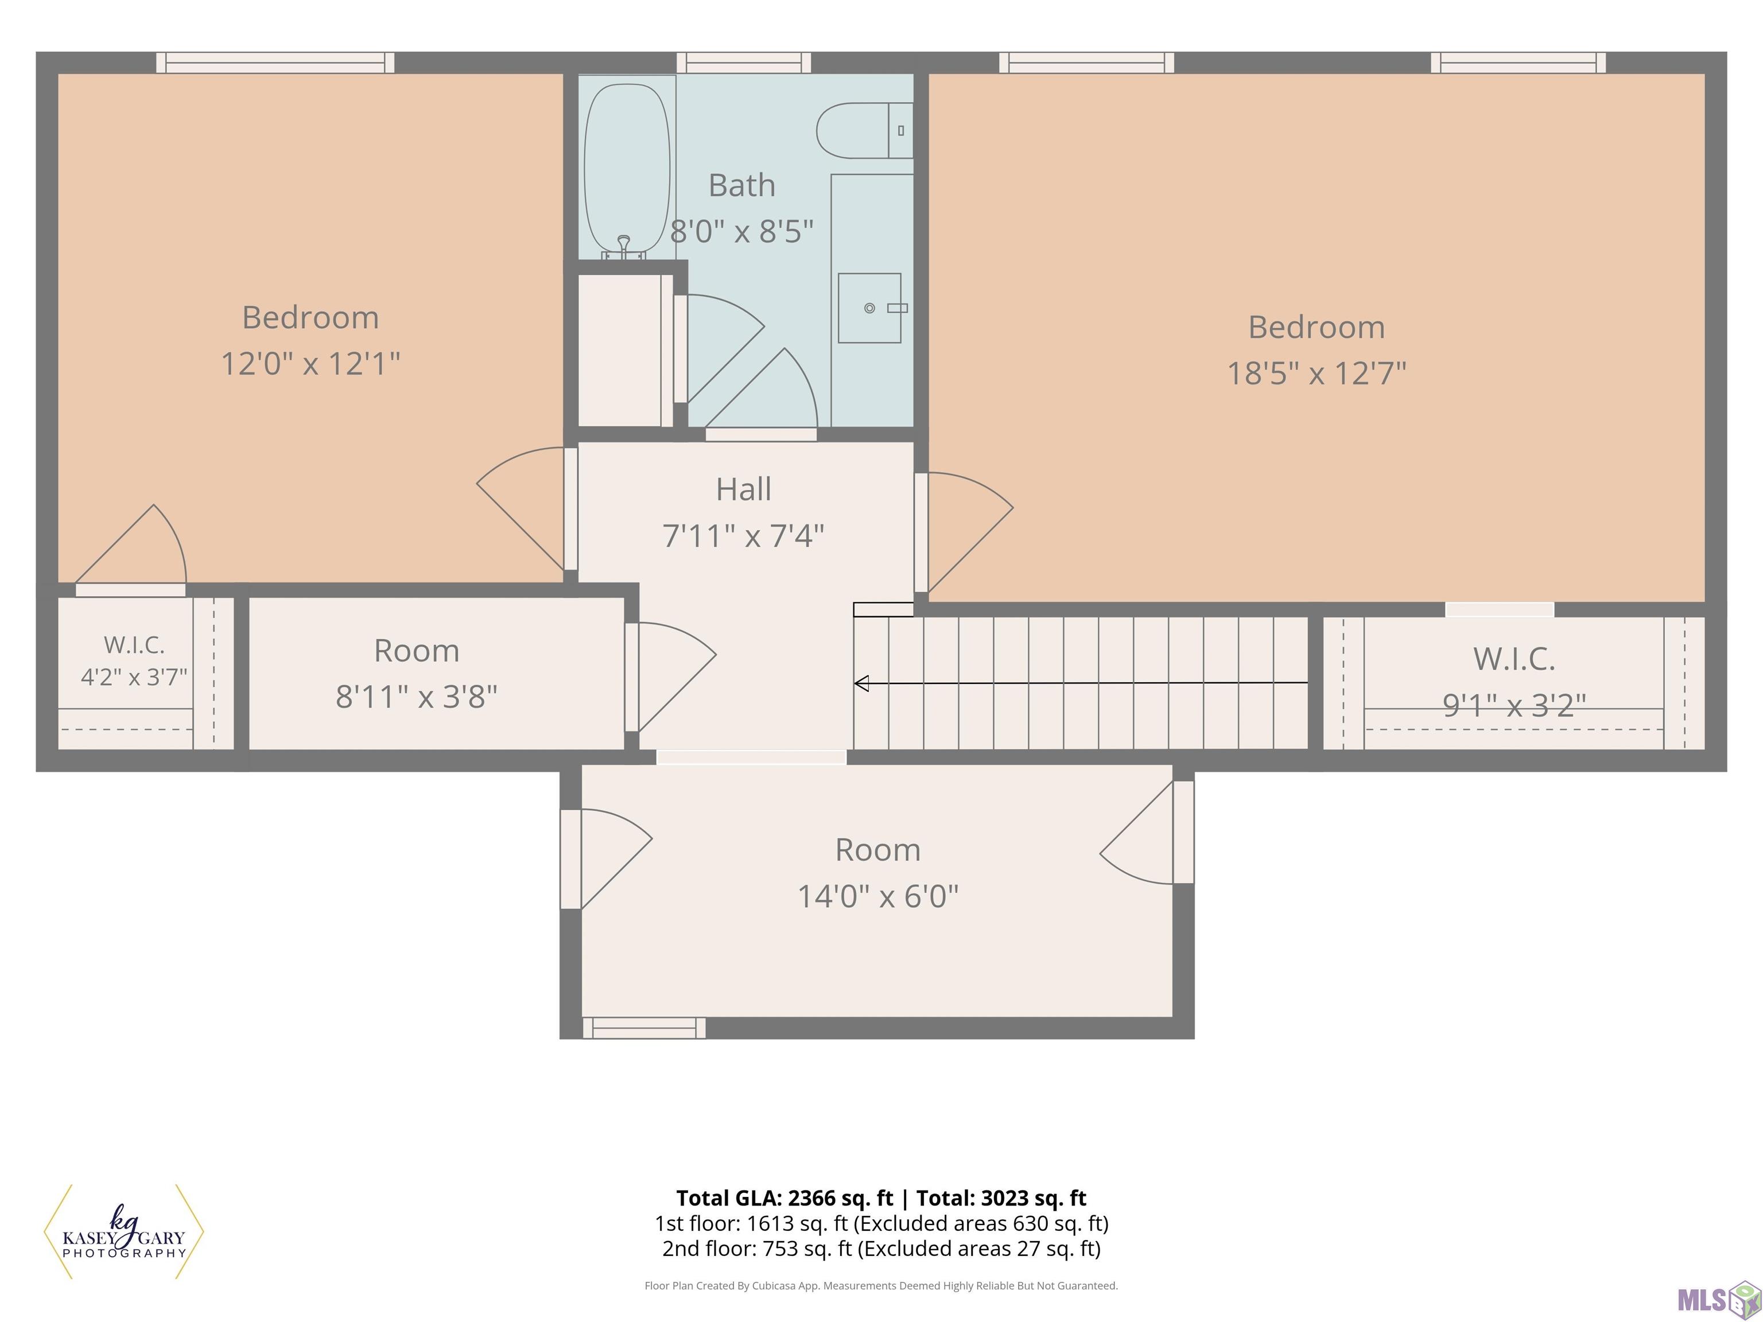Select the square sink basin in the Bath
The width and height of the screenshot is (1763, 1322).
pos(869,308)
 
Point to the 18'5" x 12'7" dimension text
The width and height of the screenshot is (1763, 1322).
pos(1317,373)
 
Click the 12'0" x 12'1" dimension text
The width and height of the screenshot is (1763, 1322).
pos(310,363)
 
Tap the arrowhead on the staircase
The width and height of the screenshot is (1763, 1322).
pos(861,683)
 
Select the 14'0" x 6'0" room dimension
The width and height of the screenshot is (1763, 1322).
pos(878,896)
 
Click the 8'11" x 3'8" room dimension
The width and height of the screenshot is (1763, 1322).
pos(416,697)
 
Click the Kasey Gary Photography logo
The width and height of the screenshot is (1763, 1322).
pos(123,1232)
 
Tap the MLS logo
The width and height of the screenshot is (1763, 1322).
pos(1718,1300)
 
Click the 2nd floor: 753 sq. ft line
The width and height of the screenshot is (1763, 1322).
pos(881,1248)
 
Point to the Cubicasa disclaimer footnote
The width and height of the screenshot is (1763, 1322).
pos(881,1285)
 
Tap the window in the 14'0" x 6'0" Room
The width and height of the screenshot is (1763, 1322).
pos(644,1028)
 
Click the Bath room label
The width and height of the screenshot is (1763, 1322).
pos(742,185)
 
